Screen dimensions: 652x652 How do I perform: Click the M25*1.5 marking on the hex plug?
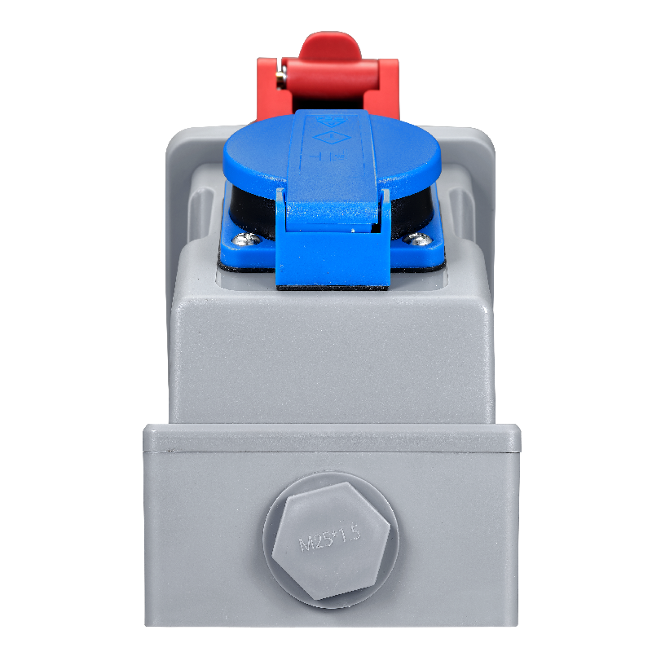(330, 539)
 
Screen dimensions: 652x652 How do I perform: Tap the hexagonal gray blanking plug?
(331, 541)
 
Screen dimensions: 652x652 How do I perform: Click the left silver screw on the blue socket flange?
(246, 239)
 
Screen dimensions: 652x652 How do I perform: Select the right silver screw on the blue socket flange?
(417, 239)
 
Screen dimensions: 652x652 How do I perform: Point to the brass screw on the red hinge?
(280, 76)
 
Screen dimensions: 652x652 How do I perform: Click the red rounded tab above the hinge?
(330, 46)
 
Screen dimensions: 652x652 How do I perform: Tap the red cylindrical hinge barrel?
(331, 77)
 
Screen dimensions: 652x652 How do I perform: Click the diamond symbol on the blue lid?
(331, 137)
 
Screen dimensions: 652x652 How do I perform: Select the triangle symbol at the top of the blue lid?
(331, 121)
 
